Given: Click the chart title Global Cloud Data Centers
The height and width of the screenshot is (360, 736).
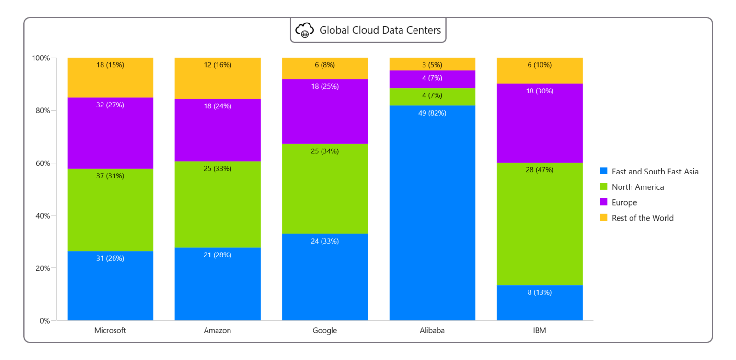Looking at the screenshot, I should coord(380,30).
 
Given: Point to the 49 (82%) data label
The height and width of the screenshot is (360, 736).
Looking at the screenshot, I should coord(432,113).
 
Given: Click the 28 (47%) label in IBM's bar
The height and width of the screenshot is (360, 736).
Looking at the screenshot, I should coord(540,170).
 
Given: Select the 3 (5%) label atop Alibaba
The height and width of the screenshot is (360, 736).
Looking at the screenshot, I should coord(432,65).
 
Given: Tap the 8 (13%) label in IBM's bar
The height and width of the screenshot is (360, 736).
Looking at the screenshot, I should coord(540,292).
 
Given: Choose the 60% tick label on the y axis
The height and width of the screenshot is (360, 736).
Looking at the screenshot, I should coord(41,163).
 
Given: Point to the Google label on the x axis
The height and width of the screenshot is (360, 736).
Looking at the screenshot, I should coord(325,330).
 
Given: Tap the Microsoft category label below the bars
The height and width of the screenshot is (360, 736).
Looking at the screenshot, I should coord(110,330).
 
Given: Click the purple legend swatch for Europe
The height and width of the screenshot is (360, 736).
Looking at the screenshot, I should coord(604,202).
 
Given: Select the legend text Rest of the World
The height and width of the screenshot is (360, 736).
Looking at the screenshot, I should coord(643,218).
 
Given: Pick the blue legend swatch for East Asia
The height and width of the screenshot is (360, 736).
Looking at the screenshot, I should coord(604,172).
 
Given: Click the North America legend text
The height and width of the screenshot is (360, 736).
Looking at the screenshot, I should coord(638,187).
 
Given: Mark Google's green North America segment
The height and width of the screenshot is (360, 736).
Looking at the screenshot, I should coord(325,192).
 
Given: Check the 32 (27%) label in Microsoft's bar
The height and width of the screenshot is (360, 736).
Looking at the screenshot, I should coord(110,105).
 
